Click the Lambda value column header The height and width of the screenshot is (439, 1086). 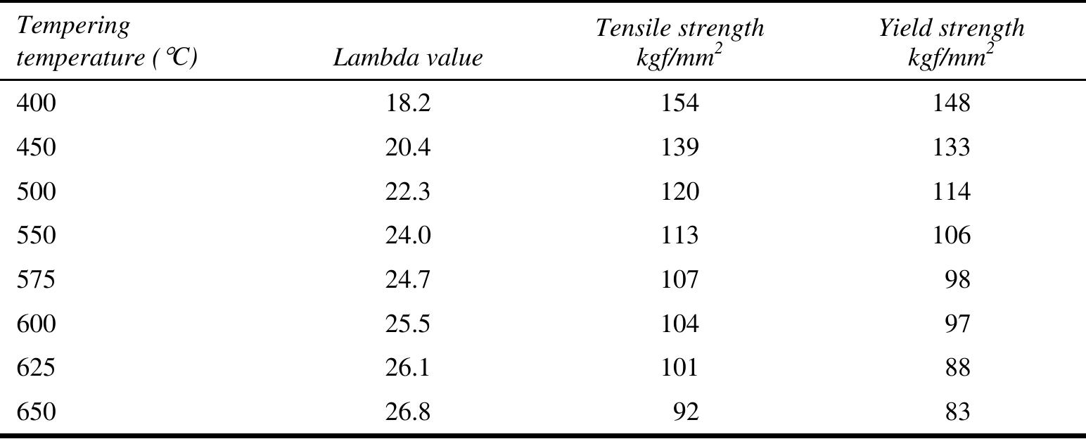tap(407, 57)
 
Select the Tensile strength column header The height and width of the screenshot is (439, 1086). tap(679, 42)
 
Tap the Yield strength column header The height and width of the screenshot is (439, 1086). tap(952, 42)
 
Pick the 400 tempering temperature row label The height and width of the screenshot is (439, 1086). tap(36, 103)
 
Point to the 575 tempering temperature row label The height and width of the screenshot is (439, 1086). tap(36, 279)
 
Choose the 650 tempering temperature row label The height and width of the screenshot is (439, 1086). tap(36, 412)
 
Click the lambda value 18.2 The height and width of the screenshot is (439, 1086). tap(407, 103)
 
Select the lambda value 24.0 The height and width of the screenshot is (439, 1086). tap(407, 235)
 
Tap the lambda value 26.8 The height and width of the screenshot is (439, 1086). tap(407, 412)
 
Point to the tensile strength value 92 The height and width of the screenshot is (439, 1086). tap(686, 412)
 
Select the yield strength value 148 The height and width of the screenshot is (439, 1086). tap(952, 103)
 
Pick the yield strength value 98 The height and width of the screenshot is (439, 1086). tap(959, 279)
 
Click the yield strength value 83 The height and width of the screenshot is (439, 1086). tap(959, 412)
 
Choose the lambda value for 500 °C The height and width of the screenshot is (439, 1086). tap(407, 191)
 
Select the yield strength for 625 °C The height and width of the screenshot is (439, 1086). tap(959, 367)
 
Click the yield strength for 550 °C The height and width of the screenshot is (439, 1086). tap(952, 235)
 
